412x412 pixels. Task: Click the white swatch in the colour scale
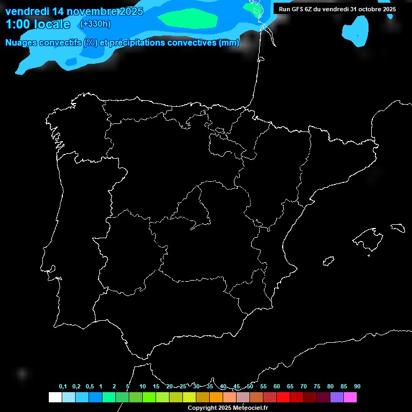tap(55, 397)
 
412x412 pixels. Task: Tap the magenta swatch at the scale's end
tap(350, 397)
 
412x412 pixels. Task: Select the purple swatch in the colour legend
tap(337, 397)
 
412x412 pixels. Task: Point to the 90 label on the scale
tap(357, 386)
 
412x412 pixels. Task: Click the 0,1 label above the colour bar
tap(63, 386)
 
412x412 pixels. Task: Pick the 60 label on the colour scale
tap(277, 386)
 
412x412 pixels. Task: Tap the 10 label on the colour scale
tap(142, 386)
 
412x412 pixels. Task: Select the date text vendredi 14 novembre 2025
tap(74, 11)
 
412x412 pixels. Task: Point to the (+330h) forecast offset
tap(95, 24)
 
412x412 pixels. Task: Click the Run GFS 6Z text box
tap(337, 9)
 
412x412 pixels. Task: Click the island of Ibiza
tap(329, 261)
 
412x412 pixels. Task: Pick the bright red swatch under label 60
tap(283, 397)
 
